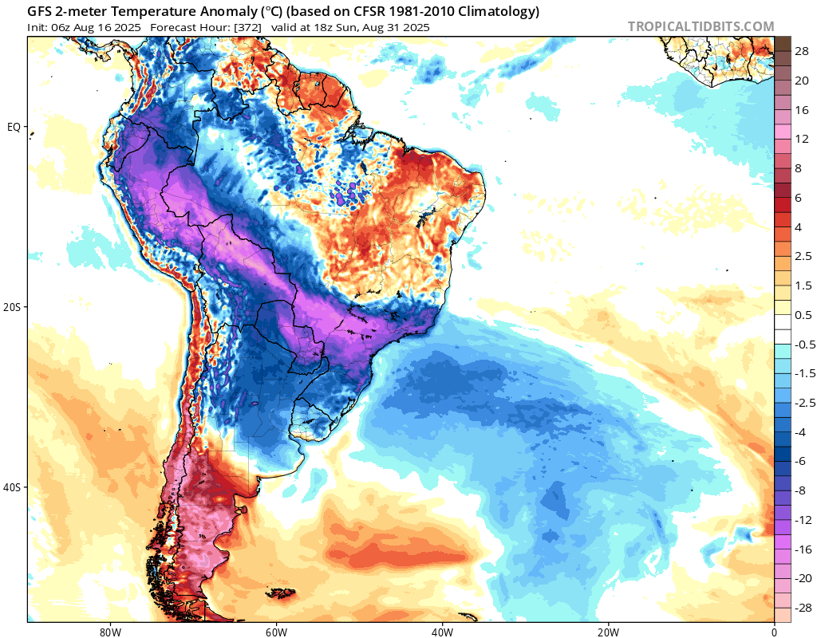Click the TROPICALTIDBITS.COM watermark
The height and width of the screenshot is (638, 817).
tap(701, 26)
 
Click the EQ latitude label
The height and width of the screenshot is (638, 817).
tap(14, 127)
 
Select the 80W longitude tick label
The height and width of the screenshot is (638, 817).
tap(109, 631)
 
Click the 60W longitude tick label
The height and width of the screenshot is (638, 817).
tap(276, 631)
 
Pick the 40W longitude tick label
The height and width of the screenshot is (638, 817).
tap(442, 631)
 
